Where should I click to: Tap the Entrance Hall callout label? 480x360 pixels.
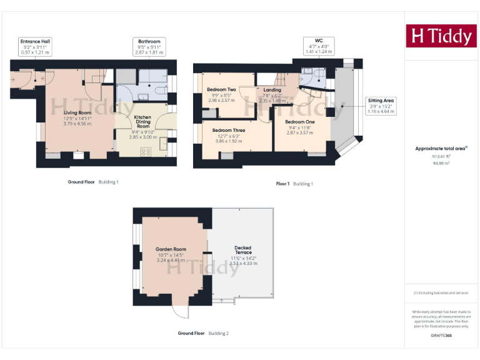point(35,46)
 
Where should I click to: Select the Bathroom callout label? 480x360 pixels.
point(149,46)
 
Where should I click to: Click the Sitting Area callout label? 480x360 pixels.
point(381,105)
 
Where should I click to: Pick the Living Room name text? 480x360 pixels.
point(77,112)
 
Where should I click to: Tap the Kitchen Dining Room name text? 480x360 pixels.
point(142,121)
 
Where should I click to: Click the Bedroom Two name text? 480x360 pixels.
point(221,89)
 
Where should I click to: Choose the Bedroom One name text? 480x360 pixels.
point(299,121)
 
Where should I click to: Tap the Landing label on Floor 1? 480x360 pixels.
point(272,90)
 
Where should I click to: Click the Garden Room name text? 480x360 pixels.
point(171,249)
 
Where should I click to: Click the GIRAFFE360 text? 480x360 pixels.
point(441,336)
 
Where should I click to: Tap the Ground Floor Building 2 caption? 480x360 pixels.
point(203,333)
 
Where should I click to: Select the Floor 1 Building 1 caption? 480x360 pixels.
point(294,184)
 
